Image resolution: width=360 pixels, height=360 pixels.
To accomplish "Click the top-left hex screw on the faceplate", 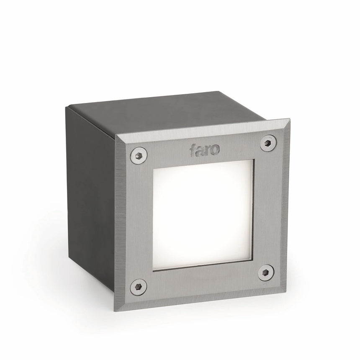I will [139, 155].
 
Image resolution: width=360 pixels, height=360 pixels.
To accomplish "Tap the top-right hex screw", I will [268, 143].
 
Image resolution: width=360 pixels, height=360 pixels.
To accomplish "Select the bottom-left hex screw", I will [138, 287].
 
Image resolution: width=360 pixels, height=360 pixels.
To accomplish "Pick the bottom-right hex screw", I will [266, 273].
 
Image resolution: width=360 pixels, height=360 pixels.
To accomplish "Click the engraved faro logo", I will [204, 149].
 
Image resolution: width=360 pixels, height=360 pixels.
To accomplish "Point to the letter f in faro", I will [192, 150].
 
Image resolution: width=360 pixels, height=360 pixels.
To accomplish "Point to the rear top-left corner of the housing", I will [66, 107].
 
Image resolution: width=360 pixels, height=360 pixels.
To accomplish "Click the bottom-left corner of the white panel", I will [154, 270].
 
